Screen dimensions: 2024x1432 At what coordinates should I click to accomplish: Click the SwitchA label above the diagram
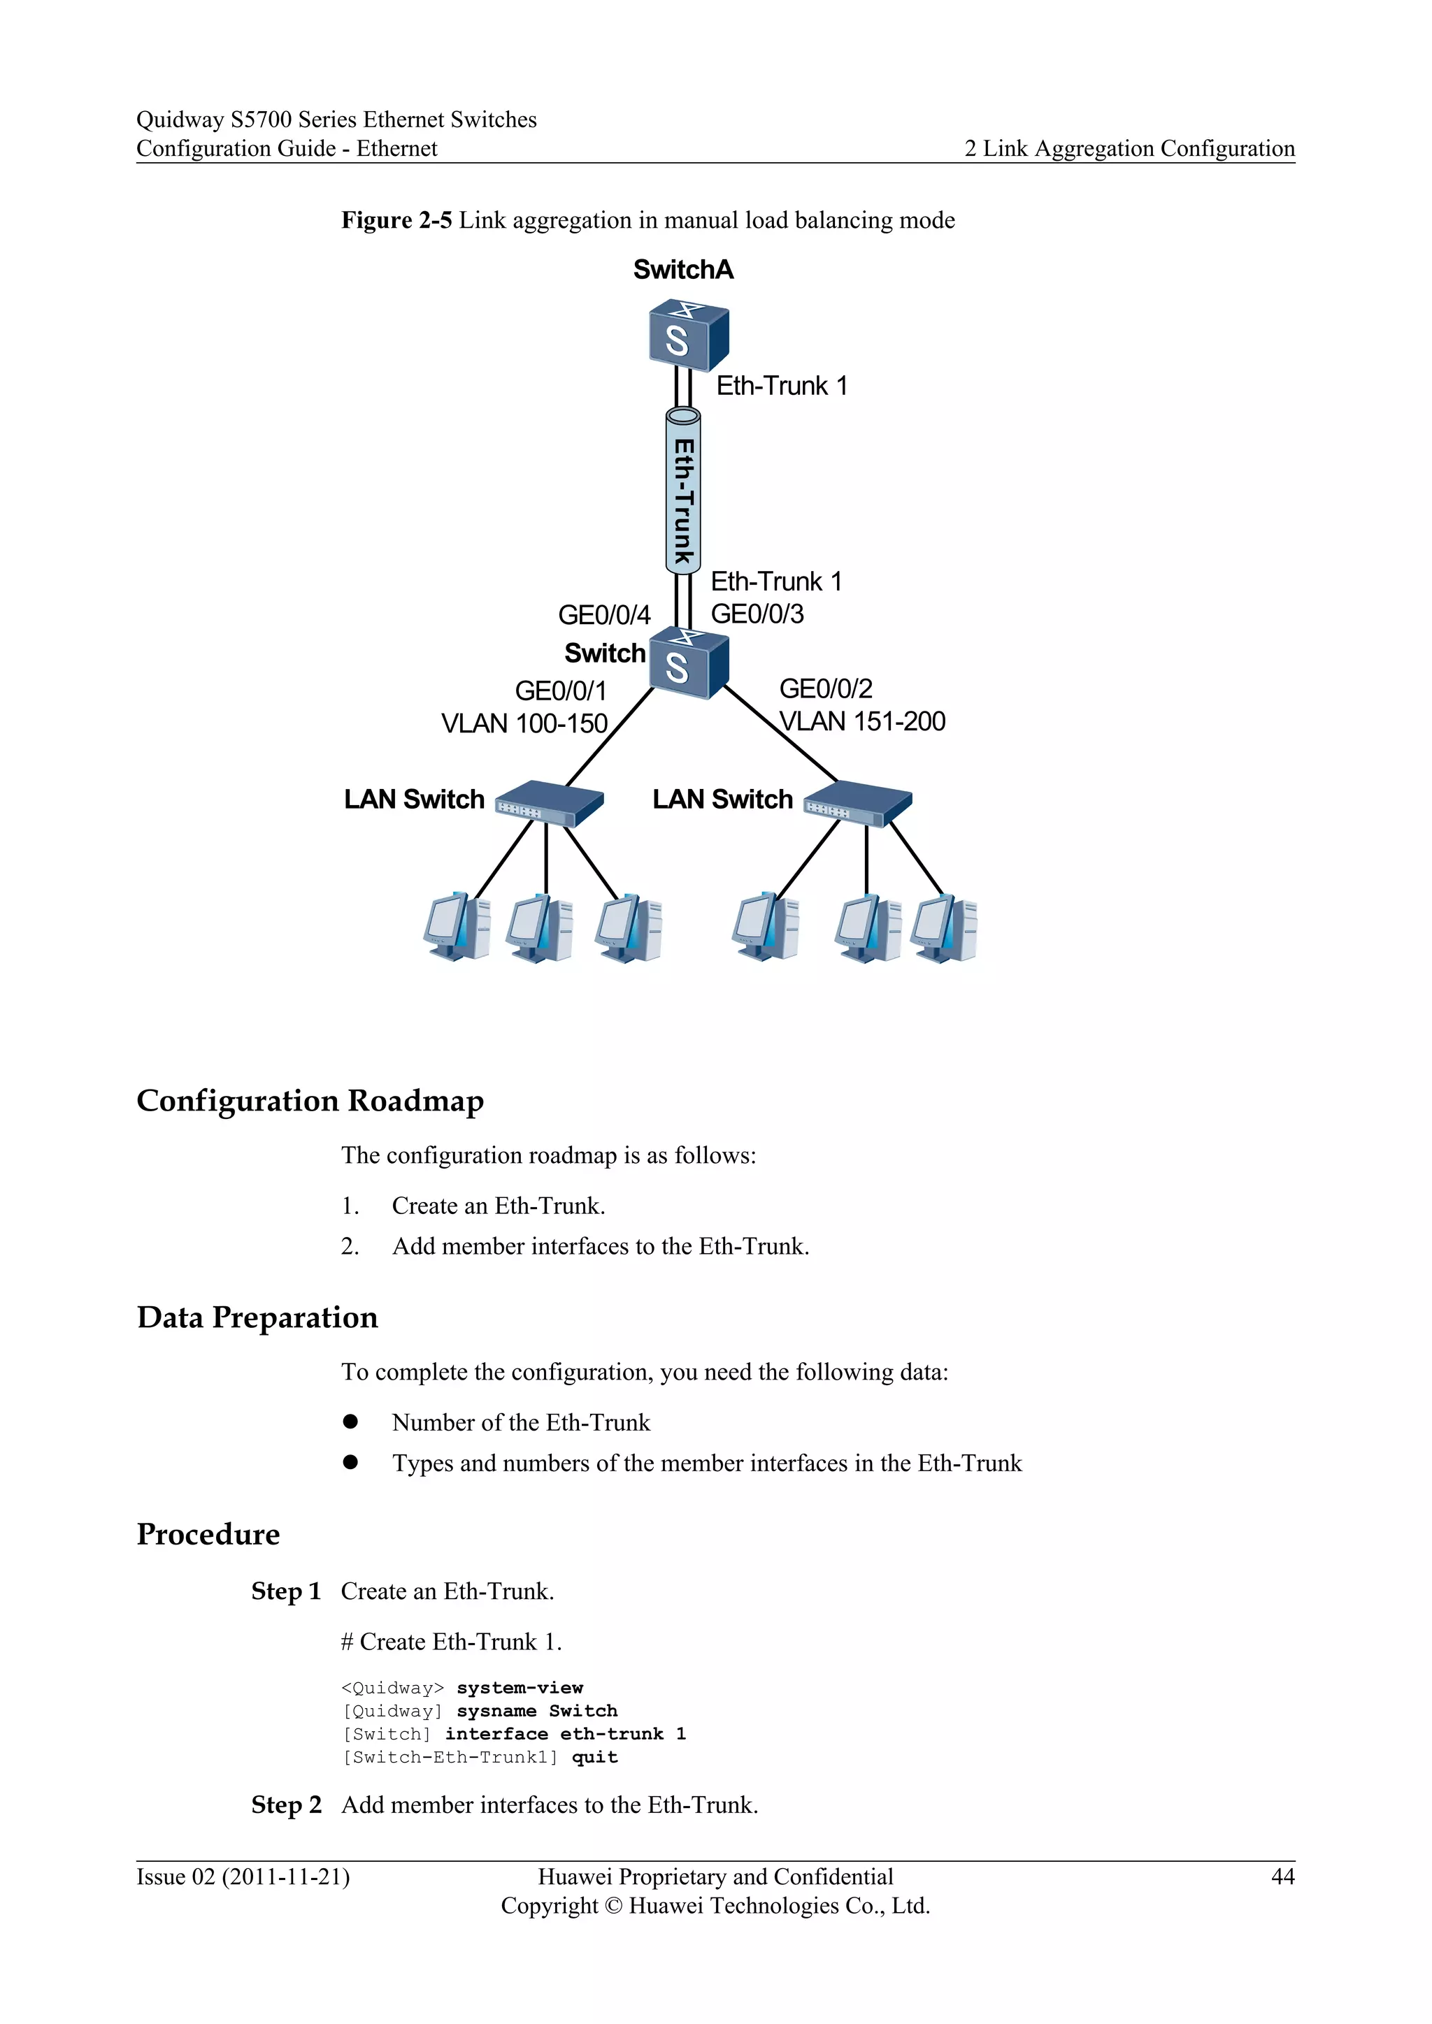pos(682,270)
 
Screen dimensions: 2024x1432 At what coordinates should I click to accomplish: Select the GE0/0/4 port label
pos(604,614)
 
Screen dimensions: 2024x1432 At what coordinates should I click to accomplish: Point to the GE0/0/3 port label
pos(757,614)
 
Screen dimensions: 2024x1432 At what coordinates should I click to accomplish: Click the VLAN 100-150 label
pos(524,724)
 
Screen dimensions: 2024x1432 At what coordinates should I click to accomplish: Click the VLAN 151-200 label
pos(862,721)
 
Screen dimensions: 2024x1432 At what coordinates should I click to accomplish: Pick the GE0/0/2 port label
pos(825,688)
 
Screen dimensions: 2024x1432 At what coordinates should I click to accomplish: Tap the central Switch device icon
pos(688,664)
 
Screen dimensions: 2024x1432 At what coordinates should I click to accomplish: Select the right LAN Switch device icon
pos(858,803)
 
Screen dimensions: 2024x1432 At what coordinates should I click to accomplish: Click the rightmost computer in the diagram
pos(945,928)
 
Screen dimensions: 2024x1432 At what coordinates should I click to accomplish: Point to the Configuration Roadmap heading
pos(310,1101)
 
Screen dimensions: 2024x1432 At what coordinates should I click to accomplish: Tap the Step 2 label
pos(286,1805)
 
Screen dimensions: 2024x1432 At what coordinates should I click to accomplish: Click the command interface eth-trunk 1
pos(564,1734)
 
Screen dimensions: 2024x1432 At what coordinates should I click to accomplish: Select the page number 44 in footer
pos(1282,1877)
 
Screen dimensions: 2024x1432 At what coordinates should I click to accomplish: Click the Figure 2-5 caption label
pos(396,219)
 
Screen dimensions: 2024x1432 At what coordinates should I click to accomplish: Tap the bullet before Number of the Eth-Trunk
pos(351,1421)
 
